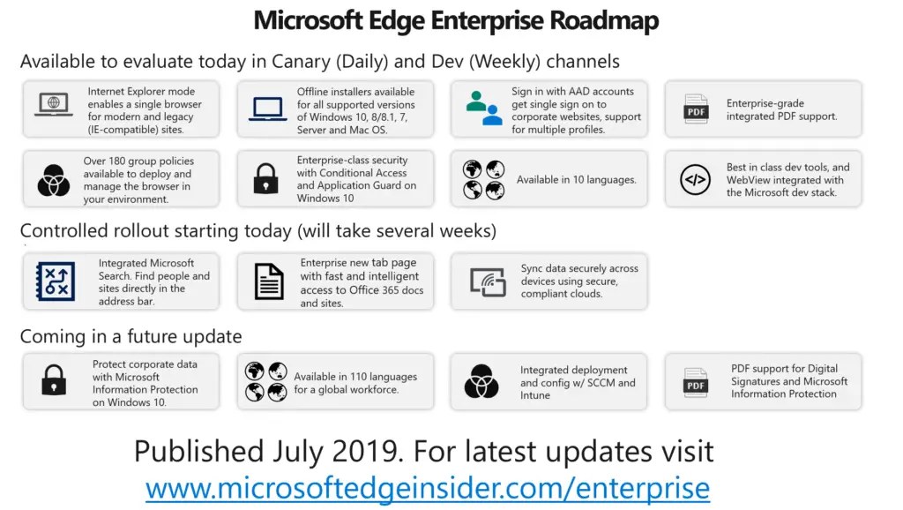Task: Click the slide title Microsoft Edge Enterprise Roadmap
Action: point(456,21)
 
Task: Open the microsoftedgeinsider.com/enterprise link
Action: point(428,488)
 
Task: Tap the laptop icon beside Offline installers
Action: point(267,109)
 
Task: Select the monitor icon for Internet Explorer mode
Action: point(54,106)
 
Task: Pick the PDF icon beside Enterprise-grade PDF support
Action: point(696,109)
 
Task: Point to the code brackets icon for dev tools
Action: point(695,180)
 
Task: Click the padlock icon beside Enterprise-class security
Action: point(266,178)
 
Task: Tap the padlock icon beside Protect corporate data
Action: point(54,379)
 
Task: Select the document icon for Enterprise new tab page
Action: point(269,281)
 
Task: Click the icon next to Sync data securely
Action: point(488,281)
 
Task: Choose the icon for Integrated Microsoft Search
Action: point(56,281)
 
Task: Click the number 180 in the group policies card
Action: point(117,161)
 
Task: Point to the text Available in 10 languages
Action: point(577,180)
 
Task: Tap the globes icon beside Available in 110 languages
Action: point(265,381)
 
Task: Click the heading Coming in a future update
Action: point(131,336)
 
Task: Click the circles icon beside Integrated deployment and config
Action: point(481,381)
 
